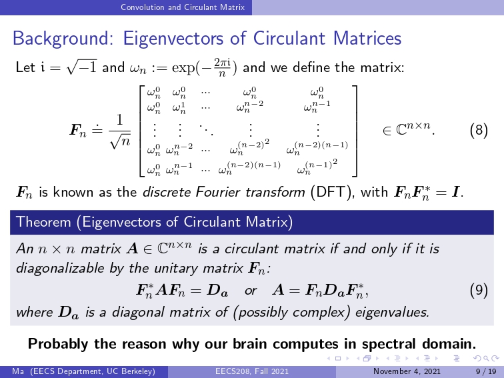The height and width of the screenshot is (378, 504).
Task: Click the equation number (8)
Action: [479, 131]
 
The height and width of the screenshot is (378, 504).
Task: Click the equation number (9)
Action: [479, 290]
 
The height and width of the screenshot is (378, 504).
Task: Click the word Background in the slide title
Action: [60, 39]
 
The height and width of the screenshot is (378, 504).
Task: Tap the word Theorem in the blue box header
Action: [43, 222]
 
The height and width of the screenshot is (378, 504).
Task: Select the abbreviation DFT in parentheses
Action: [331, 192]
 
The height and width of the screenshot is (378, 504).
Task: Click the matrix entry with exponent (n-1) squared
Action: [317, 167]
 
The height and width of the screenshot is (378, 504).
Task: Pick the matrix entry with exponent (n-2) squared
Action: [249, 147]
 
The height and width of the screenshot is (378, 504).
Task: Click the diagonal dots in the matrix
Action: [206, 130]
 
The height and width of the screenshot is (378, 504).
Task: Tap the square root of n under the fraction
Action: [120, 141]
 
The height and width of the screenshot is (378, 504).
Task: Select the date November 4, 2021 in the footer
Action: [407, 371]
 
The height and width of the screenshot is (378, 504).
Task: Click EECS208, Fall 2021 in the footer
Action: [252, 371]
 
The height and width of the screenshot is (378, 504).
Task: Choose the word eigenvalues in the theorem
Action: [392, 312]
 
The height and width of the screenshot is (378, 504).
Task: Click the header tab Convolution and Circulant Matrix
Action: [183, 7]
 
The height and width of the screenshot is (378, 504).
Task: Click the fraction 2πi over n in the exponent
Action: [222, 67]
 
